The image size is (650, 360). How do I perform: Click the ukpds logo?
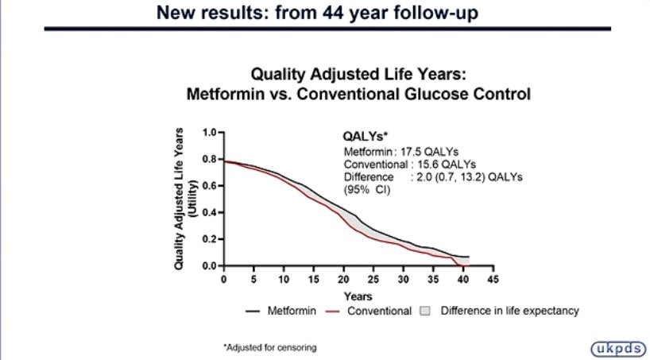(617, 347)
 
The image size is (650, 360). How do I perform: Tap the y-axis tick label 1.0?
(210, 132)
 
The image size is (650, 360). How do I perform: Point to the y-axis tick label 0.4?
(210, 212)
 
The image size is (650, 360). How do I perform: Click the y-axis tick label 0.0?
(210, 266)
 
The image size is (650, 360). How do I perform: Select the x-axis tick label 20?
(342, 281)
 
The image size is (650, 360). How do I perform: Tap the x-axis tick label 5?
(253, 281)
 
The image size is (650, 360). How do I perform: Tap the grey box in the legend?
(426, 311)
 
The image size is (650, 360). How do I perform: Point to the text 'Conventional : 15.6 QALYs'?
(409, 164)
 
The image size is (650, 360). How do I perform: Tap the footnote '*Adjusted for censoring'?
(270, 347)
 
